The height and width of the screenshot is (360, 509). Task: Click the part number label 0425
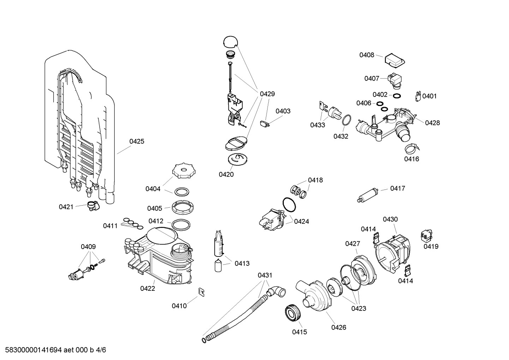pos(137,141)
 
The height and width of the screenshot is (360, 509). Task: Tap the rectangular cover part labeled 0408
pos(394,59)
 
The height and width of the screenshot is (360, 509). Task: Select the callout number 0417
pos(397,188)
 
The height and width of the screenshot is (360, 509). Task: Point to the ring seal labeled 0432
pos(347,120)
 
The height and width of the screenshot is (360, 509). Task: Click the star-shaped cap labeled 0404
pos(183,172)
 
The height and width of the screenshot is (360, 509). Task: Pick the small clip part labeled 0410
pos(202,292)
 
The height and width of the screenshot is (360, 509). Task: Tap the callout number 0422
pos(148,288)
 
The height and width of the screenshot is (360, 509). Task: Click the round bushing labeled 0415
pos(292,313)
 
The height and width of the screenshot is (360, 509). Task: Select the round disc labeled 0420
pos(237,159)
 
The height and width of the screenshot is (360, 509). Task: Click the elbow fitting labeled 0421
pos(93,205)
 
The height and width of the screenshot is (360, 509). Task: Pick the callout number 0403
pos(283,111)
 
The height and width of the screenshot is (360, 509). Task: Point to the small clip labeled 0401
pos(418,96)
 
